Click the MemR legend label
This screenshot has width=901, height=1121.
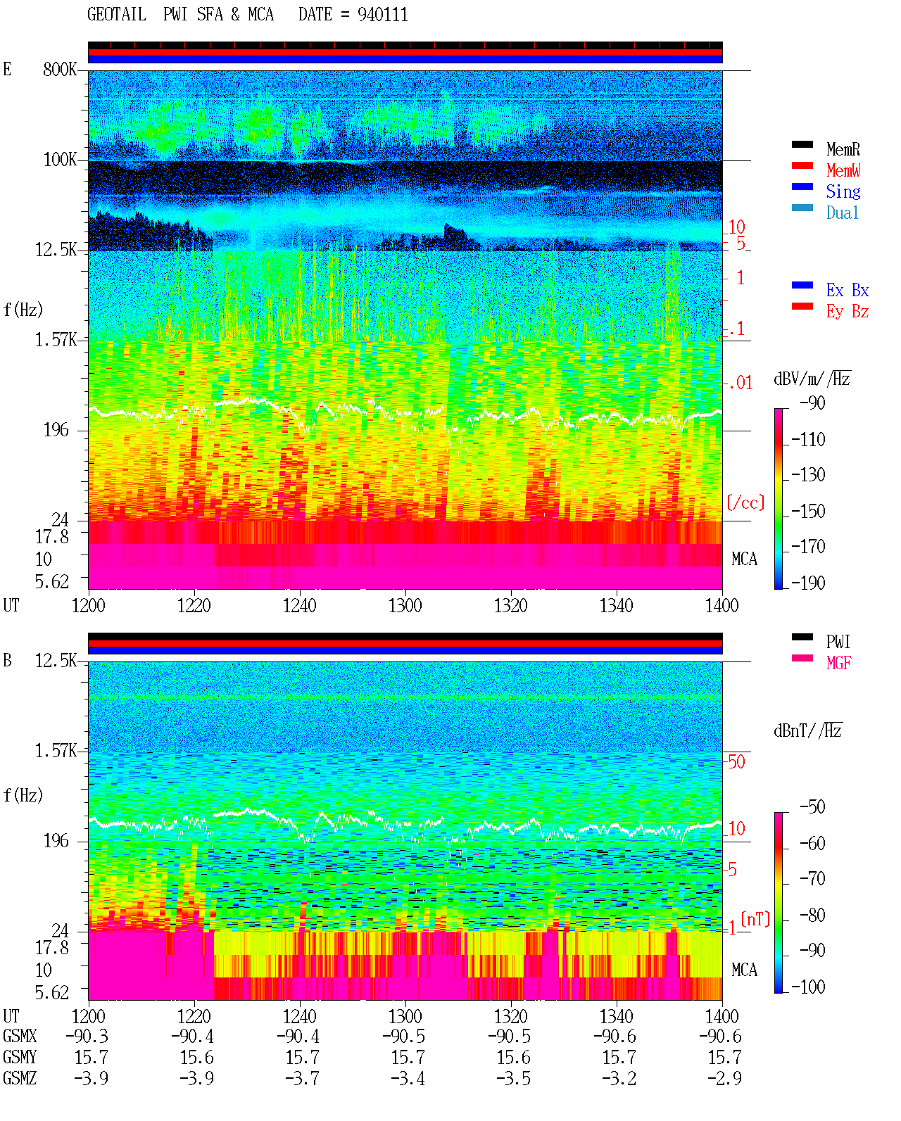click(x=843, y=149)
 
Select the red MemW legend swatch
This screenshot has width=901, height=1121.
click(x=802, y=165)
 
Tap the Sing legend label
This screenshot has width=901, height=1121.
click(x=843, y=191)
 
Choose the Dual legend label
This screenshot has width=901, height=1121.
click(x=842, y=213)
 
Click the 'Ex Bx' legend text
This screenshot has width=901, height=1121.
click(x=847, y=290)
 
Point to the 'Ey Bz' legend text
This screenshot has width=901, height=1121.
click(x=847, y=311)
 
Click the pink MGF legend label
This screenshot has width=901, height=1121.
click(x=838, y=663)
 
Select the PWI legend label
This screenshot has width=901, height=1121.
click(x=838, y=641)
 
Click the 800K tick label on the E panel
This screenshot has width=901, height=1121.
click(x=60, y=69)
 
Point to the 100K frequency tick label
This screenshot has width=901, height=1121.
click(x=60, y=160)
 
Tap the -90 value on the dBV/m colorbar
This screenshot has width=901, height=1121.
click(x=812, y=403)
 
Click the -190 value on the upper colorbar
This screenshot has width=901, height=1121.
click(x=808, y=583)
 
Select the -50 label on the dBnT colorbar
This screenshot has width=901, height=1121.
click(x=812, y=807)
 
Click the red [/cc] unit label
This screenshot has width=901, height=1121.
click(x=745, y=502)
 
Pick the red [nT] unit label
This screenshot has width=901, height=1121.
click(x=755, y=919)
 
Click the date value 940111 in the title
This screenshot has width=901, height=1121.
click(x=382, y=15)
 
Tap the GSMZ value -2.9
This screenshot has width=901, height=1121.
click(x=724, y=1078)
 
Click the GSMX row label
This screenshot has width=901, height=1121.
click(x=20, y=1036)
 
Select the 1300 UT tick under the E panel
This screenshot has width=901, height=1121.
click(x=405, y=605)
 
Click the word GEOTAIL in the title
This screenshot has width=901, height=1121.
click(x=117, y=15)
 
